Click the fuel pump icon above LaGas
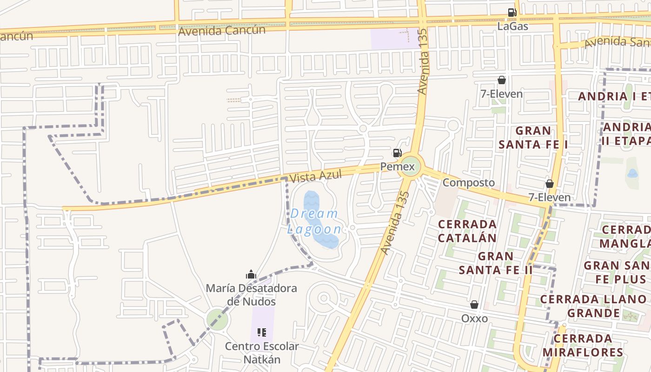coord(512,13)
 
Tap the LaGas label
coord(513,26)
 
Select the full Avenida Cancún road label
coord(222,31)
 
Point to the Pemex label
coord(397,166)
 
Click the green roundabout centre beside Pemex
coord(410,166)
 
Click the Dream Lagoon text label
coord(314,221)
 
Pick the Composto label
coord(468,182)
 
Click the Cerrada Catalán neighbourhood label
coord(468,231)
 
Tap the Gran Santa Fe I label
coord(533,137)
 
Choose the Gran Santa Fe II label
coord(496,263)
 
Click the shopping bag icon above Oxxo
coord(474,305)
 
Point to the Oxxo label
coord(474,318)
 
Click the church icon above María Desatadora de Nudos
coord(251,274)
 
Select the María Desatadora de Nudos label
coord(251,295)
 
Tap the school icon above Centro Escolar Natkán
coord(261,332)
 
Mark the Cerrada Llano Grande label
coord(593,306)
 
